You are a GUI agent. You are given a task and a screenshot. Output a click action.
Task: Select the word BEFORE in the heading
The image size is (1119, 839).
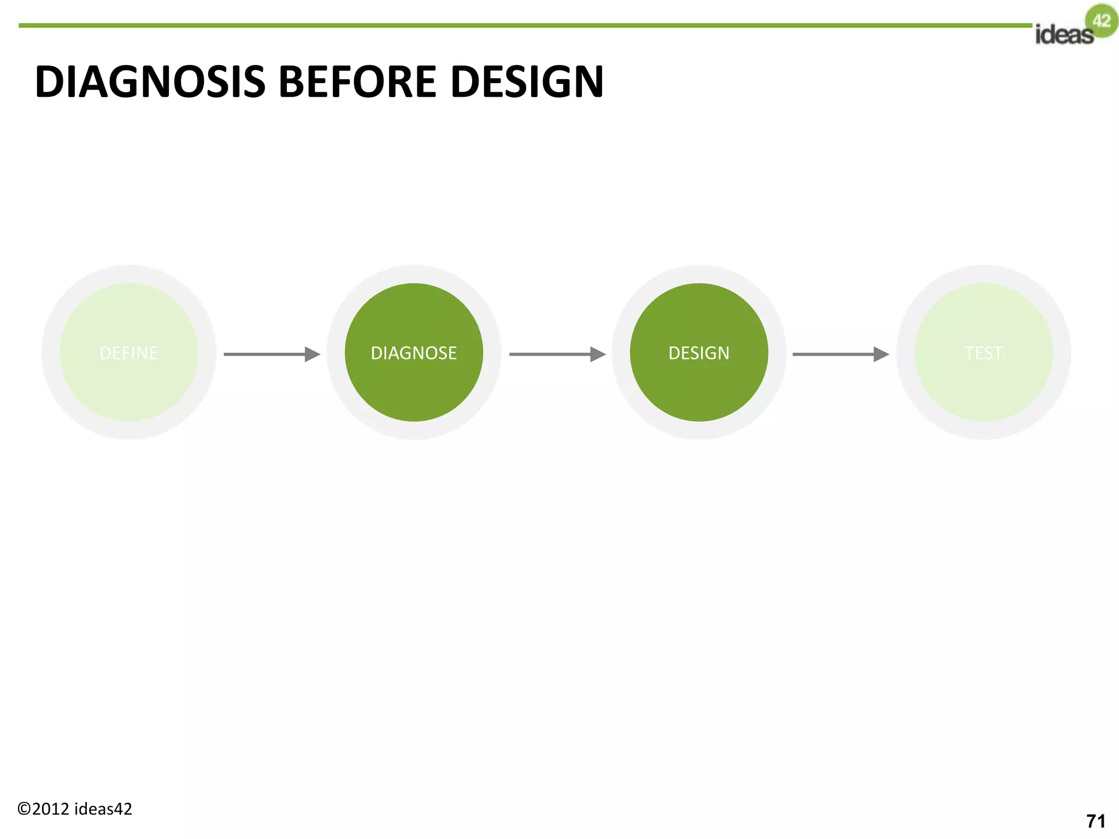click(357, 82)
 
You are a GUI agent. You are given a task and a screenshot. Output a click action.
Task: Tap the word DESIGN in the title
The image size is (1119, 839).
click(527, 82)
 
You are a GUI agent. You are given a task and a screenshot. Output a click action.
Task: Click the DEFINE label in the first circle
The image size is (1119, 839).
click(129, 353)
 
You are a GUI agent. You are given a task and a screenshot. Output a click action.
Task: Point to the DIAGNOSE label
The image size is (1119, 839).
click(414, 353)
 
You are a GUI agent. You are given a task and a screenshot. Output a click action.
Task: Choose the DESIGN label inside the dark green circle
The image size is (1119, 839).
click(699, 353)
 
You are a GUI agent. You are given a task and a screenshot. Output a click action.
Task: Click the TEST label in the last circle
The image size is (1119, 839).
click(983, 353)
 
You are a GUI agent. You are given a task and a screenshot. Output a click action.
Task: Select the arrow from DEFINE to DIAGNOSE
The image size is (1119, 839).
click(268, 354)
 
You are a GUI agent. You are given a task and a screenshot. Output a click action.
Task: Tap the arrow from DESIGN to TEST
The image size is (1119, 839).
click(836, 354)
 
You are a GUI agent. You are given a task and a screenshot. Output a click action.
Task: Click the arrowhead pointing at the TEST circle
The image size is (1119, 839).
click(881, 354)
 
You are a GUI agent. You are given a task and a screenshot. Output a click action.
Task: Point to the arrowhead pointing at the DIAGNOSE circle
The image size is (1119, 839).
click(312, 354)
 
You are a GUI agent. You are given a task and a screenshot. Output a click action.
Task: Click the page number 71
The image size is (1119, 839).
click(1096, 821)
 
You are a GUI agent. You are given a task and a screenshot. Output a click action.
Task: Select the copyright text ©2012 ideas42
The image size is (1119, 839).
click(75, 809)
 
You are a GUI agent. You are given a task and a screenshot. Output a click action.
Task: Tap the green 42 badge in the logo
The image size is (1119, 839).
click(1102, 21)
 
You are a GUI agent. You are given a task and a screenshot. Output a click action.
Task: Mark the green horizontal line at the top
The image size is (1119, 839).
click(525, 25)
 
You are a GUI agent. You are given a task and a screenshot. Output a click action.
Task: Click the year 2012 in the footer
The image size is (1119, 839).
click(51, 809)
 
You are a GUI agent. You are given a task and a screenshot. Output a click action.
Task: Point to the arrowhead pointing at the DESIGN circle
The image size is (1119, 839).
click(598, 354)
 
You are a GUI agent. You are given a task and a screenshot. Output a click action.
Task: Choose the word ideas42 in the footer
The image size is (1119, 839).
click(103, 809)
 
